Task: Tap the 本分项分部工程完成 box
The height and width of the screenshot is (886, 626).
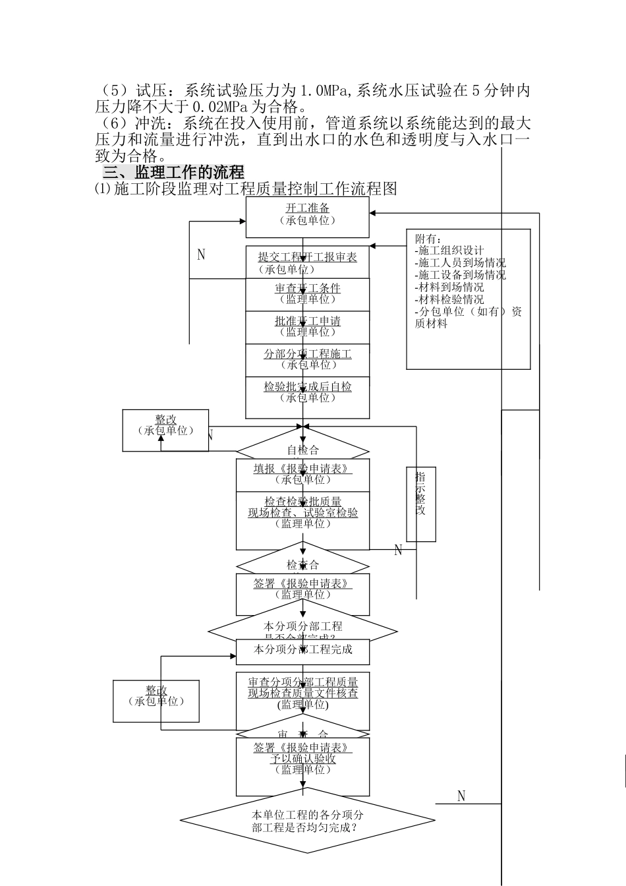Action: pos(302,650)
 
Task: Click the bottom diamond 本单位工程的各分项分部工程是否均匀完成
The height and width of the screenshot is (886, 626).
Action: pos(307,821)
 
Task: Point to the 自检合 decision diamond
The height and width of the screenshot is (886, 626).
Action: pos(302,450)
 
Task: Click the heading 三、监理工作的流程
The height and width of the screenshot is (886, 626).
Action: pos(173,172)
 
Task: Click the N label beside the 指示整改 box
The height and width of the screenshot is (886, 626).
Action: pos(398,550)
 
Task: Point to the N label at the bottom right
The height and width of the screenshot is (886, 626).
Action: pos(461,796)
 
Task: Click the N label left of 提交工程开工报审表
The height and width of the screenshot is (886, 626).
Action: pos(201,254)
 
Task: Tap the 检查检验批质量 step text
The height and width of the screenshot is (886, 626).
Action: pos(302,502)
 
